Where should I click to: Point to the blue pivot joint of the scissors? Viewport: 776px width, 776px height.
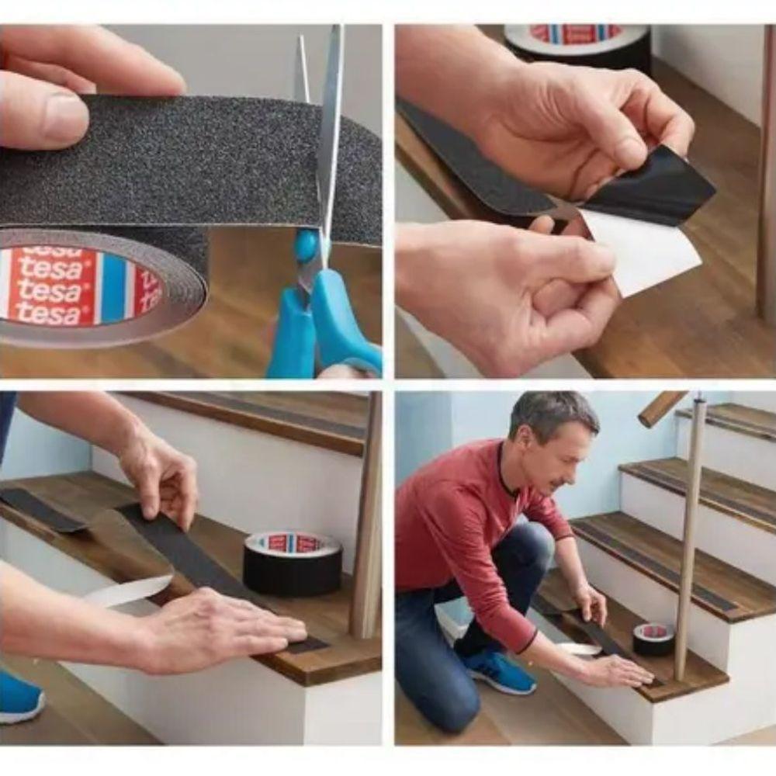(x=307, y=246)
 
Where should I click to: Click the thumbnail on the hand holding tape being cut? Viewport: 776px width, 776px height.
(x=67, y=117)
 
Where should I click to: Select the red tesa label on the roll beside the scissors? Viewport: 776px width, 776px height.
(x=50, y=286)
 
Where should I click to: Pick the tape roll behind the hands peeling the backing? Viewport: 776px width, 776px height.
(x=577, y=43)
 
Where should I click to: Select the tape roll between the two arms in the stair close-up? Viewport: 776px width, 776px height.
(x=293, y=563)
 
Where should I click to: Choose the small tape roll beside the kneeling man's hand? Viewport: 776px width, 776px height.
(x=653, y=638)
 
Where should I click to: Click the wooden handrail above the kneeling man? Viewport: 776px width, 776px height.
(x=660, y=408)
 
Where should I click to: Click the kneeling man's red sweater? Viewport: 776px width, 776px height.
(x=458, y=528)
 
